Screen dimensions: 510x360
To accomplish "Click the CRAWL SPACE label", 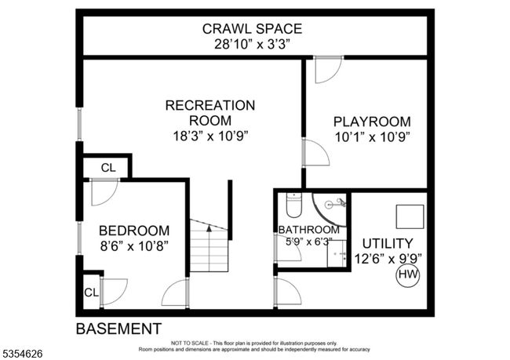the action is [252, 29].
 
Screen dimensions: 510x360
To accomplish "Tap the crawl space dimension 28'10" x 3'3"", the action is [252, 44].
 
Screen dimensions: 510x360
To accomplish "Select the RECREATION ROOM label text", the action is [210, 113].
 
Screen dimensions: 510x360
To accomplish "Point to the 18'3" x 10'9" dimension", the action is [210, 136].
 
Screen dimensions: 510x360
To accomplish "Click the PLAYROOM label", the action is [372, 122].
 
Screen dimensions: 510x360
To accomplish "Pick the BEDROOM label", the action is [134, 231].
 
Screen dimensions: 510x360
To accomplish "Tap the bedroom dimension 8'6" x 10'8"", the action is [134, 246].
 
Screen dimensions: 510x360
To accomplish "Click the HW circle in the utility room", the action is [407, 275].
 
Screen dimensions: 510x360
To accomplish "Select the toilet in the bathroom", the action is [293, 205].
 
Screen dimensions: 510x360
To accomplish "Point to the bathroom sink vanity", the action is [337, 253].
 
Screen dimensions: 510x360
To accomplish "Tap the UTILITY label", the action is [388, 244].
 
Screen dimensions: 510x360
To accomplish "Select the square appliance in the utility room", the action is [410, 216].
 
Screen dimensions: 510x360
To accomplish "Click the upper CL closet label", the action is [108, 168].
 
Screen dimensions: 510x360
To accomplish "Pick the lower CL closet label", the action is [91, 293].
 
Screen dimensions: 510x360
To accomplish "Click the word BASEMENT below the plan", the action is [118, 329].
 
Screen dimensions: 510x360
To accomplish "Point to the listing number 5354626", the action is [23, 354].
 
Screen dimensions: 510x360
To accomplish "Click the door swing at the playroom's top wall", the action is [329, 70].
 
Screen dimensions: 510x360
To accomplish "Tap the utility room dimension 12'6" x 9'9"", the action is [388, 259].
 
